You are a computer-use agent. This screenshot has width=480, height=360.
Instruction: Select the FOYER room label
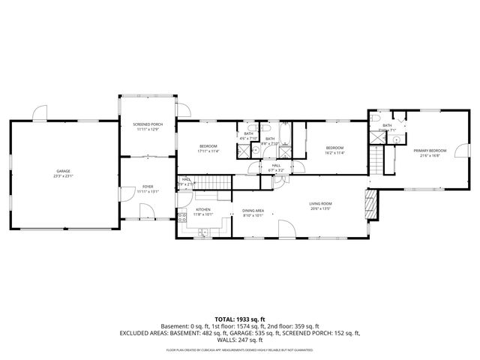(148, 188)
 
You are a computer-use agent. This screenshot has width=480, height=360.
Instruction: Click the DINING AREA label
(252, 212)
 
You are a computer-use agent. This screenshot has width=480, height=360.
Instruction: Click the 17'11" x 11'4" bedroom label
(208, 148)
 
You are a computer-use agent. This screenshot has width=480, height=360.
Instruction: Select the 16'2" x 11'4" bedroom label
(334, 150)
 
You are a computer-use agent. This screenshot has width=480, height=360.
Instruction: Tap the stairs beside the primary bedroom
(376, 157)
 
